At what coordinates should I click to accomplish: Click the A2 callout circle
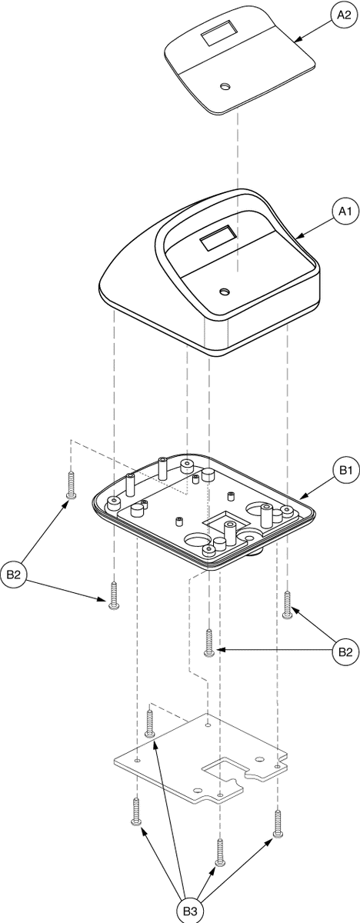click(344, 15)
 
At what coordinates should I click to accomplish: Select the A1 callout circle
click(345, 212)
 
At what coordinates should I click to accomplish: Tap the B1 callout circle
click(345, 470)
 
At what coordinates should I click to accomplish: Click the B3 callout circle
click(190, 911)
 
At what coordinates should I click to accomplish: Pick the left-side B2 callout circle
click(13, 575)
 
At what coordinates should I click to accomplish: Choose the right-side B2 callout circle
click(345, 652)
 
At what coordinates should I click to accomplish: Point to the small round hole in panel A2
click(225, 86)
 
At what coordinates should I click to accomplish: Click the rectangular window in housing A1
click(218, 239)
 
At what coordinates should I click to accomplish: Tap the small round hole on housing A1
click(225, 292)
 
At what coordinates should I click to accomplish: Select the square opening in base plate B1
click(225, 521)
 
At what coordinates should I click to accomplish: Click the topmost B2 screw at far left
click(71, 485)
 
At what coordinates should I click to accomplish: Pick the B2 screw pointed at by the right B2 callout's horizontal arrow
click(209, 642)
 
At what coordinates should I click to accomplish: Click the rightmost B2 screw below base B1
click(288, 604)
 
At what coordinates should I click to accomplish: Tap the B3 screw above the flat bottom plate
click(150, 723)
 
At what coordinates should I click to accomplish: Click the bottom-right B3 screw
click(278, 823)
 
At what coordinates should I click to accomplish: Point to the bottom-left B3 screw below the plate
click(136, 811)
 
